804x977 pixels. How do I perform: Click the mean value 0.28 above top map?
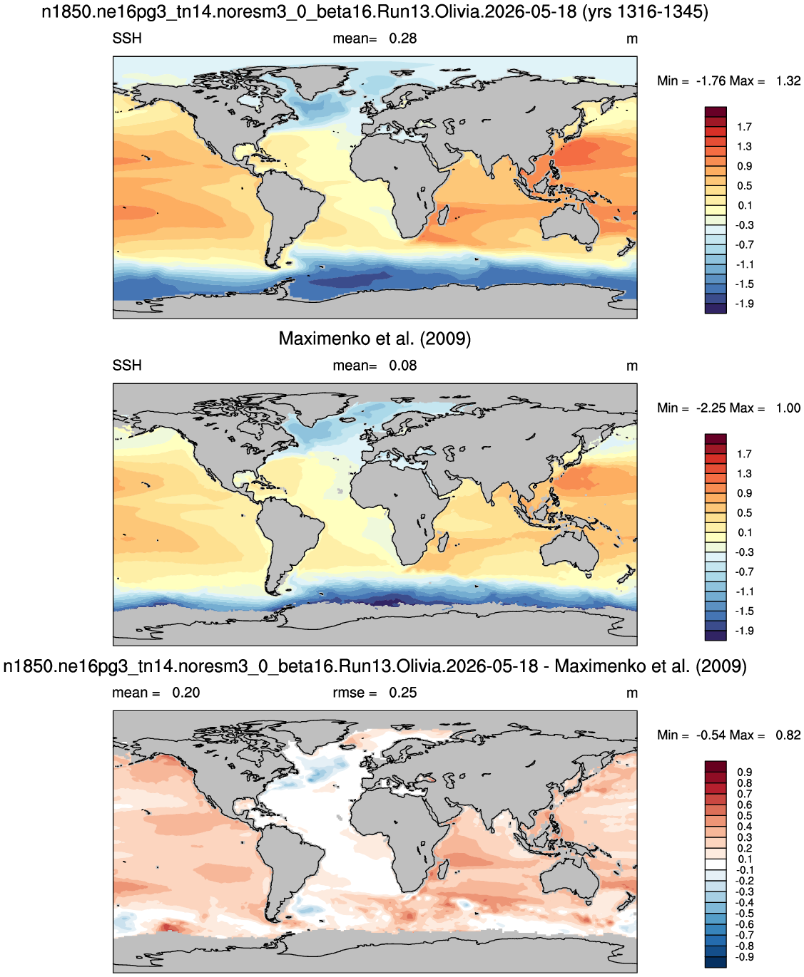click(x=402, y=38)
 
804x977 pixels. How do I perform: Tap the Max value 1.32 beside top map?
click(x=788, y=81)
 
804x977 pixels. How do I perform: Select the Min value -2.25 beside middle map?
click(x=711, y=408)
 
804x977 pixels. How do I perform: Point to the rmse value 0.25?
click(x=402, y=693)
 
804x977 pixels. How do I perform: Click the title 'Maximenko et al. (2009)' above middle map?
click(x=375, y=338)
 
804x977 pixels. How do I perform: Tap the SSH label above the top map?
click(x=126, y=38)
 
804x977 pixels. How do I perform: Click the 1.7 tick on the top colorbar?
click(x=744, y=127)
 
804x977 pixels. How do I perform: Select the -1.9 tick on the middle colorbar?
click(x=744, y=631)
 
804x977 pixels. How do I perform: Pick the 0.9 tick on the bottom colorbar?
click(x=744, y=772)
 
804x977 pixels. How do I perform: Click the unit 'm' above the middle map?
click(x=631, y=366)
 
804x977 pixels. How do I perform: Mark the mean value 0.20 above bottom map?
click(x=185, y=693)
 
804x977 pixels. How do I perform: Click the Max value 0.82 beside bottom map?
click(x=788, y=735)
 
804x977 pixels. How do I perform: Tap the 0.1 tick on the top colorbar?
click(x=744, y=205)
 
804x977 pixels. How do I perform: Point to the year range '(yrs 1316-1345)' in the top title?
click(x=645, y=12)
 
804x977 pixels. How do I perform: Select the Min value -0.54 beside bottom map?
click(x=711, y=735)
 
